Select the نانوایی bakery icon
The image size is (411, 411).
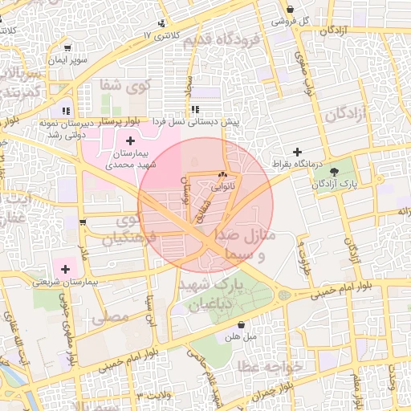pyautogui.click(x=223, y=174)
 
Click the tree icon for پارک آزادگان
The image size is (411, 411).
pyautogui.click(x=335, y=171)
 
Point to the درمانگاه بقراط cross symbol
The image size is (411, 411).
pyautogui.click(x=298, y=152)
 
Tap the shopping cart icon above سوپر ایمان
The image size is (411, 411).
pyautogui.click(x=67, y=48)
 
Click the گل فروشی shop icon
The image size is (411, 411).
pyautogui.click(x=290, y=10)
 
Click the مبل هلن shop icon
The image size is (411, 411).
pyautogui.click(x=242, y=325)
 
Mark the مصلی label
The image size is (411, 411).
pyautogui.click(x=110, y=318)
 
